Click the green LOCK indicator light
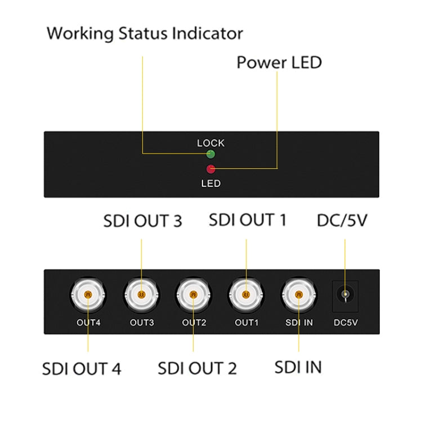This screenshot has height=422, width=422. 211,154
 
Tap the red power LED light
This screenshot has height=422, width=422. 211,169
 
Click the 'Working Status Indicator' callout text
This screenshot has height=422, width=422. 145,33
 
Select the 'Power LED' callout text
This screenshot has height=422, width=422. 279,62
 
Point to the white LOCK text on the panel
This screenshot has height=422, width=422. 210,143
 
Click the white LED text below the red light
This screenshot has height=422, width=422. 211,183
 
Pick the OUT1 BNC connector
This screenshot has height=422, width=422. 246,294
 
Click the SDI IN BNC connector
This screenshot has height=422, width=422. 299,294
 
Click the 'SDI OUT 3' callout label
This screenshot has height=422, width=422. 142,221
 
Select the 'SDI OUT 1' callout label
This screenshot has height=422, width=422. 248,219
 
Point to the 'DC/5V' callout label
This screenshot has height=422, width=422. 342,219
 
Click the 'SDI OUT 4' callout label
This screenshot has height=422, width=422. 82,369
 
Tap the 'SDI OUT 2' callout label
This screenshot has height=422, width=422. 197,369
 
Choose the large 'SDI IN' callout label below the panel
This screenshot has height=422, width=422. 298,367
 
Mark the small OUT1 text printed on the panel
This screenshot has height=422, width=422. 246,322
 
